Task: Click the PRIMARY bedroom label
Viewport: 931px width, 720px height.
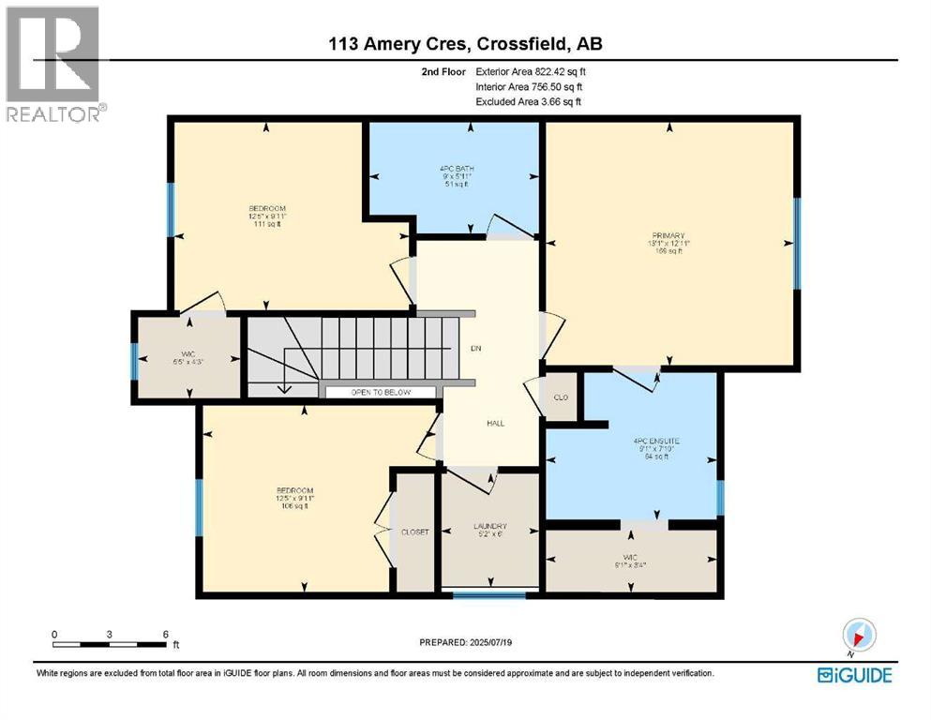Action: pyautogui.click(x=670, y=236)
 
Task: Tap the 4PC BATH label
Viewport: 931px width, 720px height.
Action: pyautogui.click(x=453, y=169)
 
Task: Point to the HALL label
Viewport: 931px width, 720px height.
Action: pyautogui.click(x=495, y=423)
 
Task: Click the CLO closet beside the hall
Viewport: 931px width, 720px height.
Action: pyautogui.click(x=561, y=397)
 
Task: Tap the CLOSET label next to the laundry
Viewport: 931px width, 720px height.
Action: pyautogui.click(x=414, y=532)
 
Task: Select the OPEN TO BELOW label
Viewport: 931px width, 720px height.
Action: pyautogui.click(x=380, y=393)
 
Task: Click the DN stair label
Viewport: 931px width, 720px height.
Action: pyautogui.click(x=476, y=348)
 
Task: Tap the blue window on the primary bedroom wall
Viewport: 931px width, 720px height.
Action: pyautogui.click(x=796, y=243)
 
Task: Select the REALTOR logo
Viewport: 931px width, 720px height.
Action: pyautogui.click(x=53, y=65)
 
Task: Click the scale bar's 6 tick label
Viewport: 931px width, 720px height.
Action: pyautogui.click(x=165, y=635)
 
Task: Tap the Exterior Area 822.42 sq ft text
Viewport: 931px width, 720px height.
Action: pyautogui.click(x=531, y=71)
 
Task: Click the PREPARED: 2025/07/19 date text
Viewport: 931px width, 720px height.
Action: pyautogui.click(x=467, y=643)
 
